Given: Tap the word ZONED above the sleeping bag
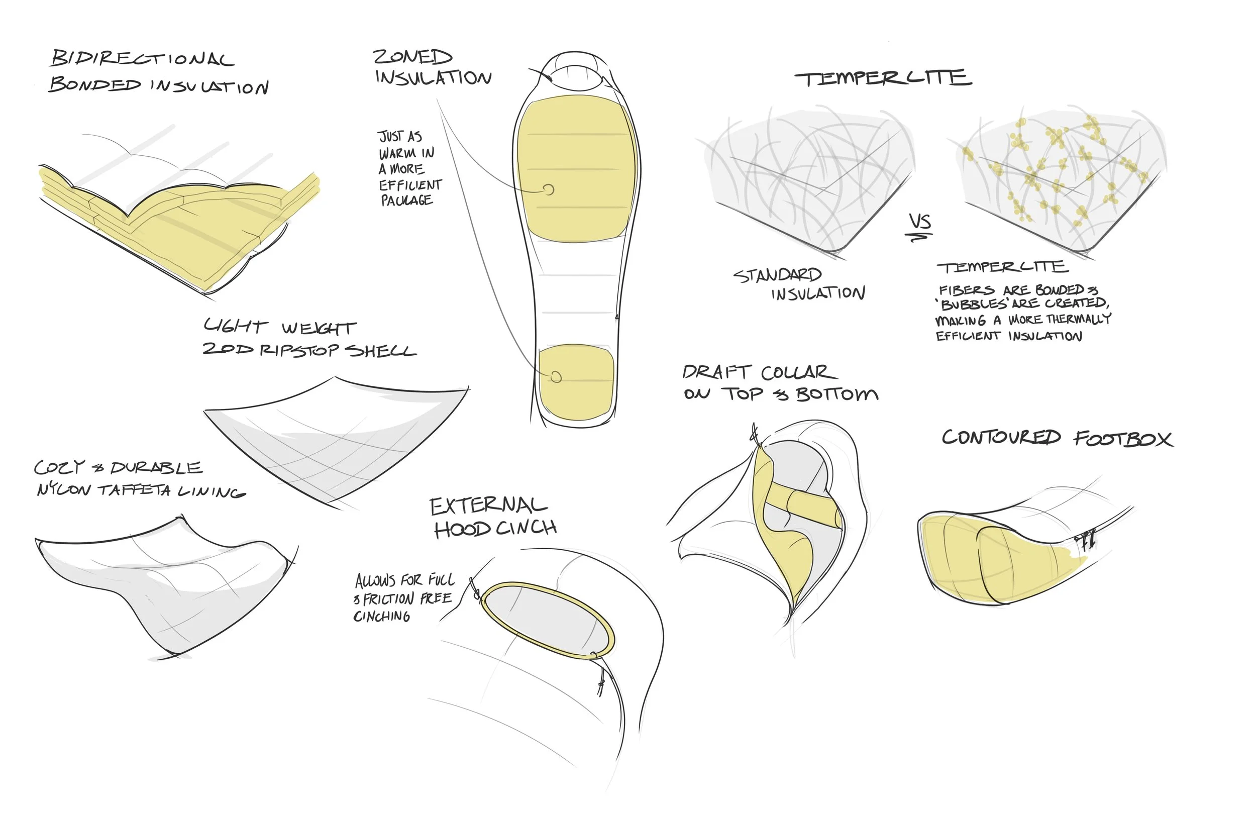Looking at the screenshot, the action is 412,56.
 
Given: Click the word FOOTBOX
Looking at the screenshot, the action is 1123,439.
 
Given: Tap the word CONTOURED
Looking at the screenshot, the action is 1001,437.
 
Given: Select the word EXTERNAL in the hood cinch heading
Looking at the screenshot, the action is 488,506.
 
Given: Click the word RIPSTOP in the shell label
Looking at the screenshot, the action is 299,350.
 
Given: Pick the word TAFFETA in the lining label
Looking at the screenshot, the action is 135,490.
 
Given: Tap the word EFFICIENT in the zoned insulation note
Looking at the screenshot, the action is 410,185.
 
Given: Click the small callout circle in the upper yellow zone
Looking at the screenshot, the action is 549,189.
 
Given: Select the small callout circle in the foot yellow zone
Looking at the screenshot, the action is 556,377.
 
